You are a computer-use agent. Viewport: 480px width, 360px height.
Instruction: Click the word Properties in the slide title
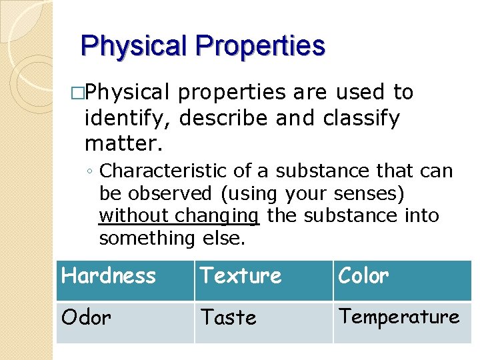click(260, 46)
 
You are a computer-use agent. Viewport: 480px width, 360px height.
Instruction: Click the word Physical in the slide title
click(133, 46)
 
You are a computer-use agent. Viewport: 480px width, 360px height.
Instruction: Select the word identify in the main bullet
click(127, 119)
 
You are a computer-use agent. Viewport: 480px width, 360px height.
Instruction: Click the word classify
click(361, 119)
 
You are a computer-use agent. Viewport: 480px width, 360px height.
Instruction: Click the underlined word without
click(134, 215)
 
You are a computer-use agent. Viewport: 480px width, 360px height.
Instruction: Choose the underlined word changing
click(217, 216)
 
